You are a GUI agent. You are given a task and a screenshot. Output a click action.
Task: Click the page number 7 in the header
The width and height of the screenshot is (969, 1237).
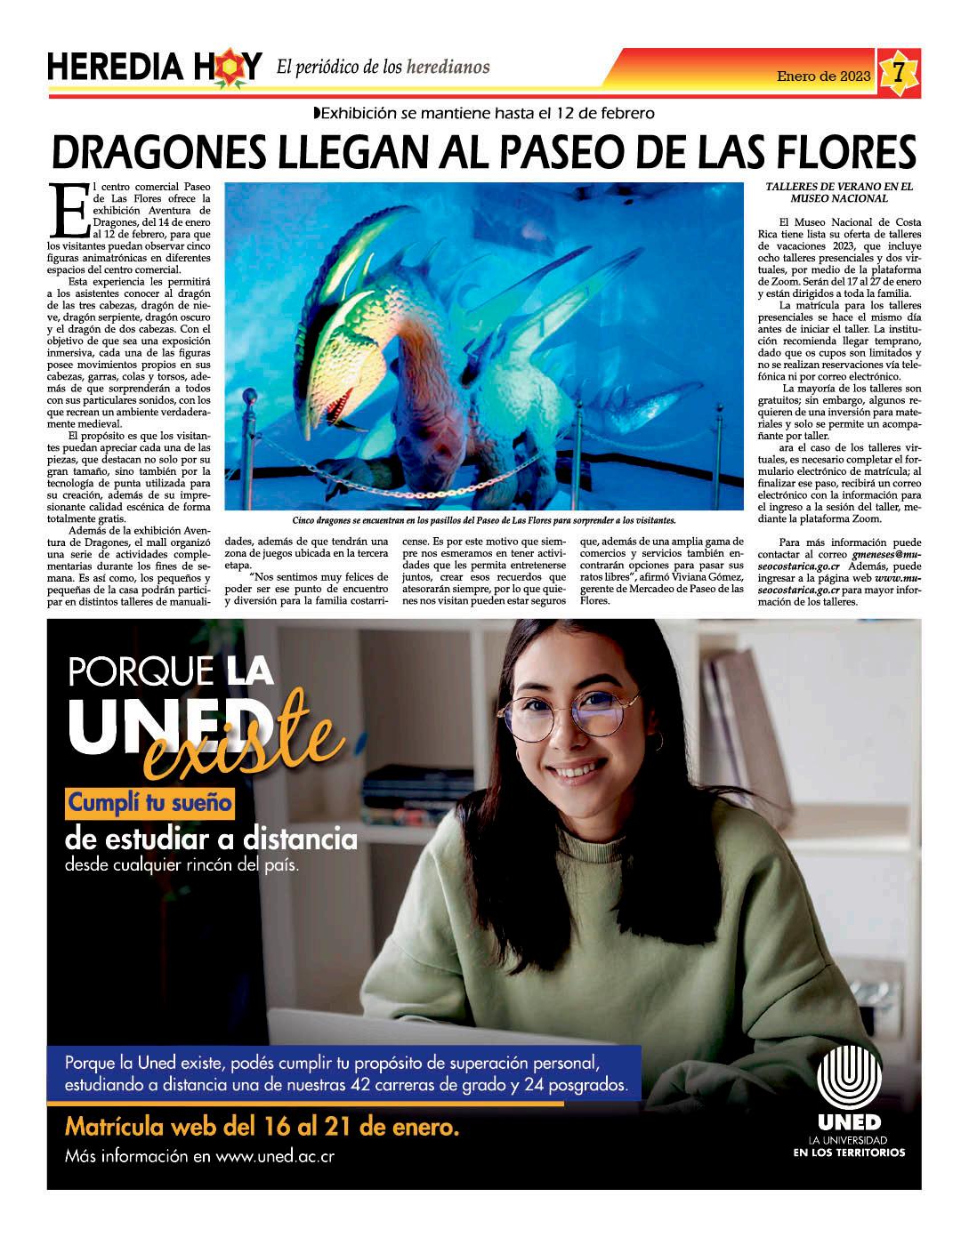[x=899, y=72]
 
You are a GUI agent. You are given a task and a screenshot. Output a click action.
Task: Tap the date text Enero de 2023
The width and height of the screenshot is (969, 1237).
[x=823, y=76]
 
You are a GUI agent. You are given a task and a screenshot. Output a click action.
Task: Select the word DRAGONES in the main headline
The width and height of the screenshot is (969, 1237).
[x=160, y=153]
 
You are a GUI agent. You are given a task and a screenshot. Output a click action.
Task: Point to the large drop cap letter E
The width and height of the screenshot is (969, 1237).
[x=68, y=211]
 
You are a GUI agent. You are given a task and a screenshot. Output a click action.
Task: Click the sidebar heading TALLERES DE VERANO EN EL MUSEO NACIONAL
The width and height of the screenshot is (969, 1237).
[x=839, y=193]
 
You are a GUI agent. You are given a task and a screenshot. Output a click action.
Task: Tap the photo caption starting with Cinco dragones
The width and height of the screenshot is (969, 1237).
[x=483, y=520]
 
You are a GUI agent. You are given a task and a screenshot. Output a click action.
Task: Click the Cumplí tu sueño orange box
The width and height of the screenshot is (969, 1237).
[x=150, y=804]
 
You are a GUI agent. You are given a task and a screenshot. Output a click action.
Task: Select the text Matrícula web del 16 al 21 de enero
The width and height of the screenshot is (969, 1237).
[x=262, y=1128]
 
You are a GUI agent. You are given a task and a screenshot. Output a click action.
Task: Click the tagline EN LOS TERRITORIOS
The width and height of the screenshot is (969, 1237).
[x=849, y=1153]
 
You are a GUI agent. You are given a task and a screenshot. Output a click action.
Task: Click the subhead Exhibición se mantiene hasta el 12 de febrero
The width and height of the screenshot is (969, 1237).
[x=485, y=113]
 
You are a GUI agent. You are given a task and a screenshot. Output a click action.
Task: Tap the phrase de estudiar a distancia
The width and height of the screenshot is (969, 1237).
[x=211, y=839]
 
